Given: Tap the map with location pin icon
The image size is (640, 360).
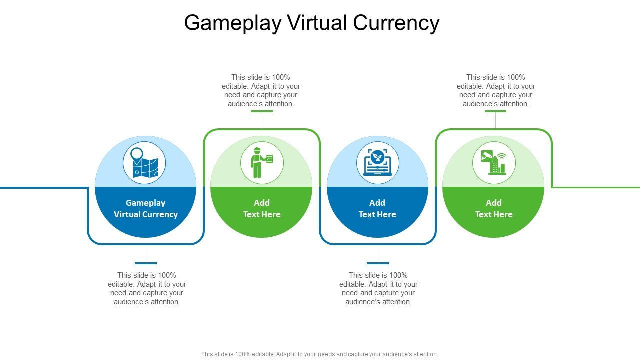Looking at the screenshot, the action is [x=145, y=163].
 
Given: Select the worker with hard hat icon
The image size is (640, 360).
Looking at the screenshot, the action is [x=262, y=163].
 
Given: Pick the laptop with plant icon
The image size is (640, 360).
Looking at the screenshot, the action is [x=378, y=163].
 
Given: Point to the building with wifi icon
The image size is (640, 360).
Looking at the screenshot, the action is [x=494, y=163].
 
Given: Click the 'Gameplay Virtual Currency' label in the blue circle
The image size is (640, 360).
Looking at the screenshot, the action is [x=146, y=209].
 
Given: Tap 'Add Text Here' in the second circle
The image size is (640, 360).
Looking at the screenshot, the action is [x=262, y=209].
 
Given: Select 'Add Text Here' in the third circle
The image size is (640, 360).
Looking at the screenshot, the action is [x=377, y=209].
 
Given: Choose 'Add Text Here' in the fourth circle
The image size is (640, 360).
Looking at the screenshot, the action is [x=494, y=209].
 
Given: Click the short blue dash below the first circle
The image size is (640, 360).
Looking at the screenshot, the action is [x=146, y=263].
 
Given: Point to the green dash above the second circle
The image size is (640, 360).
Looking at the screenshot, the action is [x=262, y=111].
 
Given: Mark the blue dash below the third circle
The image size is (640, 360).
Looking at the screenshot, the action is [x=378, y=263].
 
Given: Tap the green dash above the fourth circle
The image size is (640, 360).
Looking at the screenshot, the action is [x=495, y=111].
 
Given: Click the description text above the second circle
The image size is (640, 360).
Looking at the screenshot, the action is [x=261, y=90].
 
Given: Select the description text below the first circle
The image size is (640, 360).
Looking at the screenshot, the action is [x=147, y=288].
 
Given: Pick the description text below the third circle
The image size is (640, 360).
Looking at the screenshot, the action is [x=378, y=288].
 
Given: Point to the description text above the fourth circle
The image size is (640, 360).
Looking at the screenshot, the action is [x=496, y=90].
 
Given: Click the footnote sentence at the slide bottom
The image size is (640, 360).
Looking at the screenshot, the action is [x=320, y=354].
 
